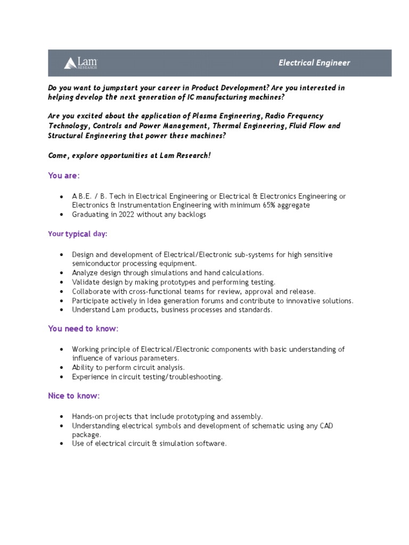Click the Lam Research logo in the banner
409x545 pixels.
coord(81,63)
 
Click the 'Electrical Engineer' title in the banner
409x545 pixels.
coord(314,63)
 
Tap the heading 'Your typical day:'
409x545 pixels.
coord(78,234)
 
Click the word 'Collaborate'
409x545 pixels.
coord(91,291)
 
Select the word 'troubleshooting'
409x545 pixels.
coord(195,377)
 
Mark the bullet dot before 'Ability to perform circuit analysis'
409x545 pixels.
coord(62,368)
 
